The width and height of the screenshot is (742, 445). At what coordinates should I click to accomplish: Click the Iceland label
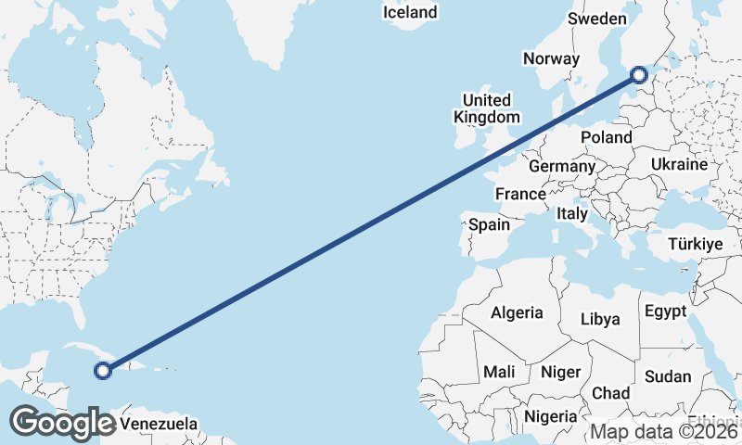click(409, 12)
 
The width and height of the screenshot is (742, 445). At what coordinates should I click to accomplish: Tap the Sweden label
click(597, 19)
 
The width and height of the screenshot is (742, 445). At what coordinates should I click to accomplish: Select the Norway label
click(551, 58)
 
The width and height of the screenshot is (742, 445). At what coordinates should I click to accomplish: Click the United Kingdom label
click(486, 108)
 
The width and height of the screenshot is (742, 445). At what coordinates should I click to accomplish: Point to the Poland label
click(606, 137)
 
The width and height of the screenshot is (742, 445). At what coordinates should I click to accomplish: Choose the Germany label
click(561, 167)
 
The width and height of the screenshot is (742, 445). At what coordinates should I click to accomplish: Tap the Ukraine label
click(680, 163)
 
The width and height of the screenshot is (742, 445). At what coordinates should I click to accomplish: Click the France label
click(519, 194)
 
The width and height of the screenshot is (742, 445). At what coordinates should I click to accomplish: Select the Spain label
click(489, 224)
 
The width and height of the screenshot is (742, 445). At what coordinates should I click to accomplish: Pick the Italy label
click(572, 213)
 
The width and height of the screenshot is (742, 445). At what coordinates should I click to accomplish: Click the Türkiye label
click(695, 245)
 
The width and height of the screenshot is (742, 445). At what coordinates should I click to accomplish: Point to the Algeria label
click(517, 312)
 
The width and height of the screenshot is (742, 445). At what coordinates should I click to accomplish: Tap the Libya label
click(599, 319)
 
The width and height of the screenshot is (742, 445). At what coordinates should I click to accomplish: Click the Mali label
click(499, 372)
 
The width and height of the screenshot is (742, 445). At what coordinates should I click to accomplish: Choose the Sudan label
click(668, 375)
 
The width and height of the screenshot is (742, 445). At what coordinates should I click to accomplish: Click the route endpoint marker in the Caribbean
click(103, 371)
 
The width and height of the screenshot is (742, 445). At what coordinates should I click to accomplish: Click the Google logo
click(62, 423)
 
